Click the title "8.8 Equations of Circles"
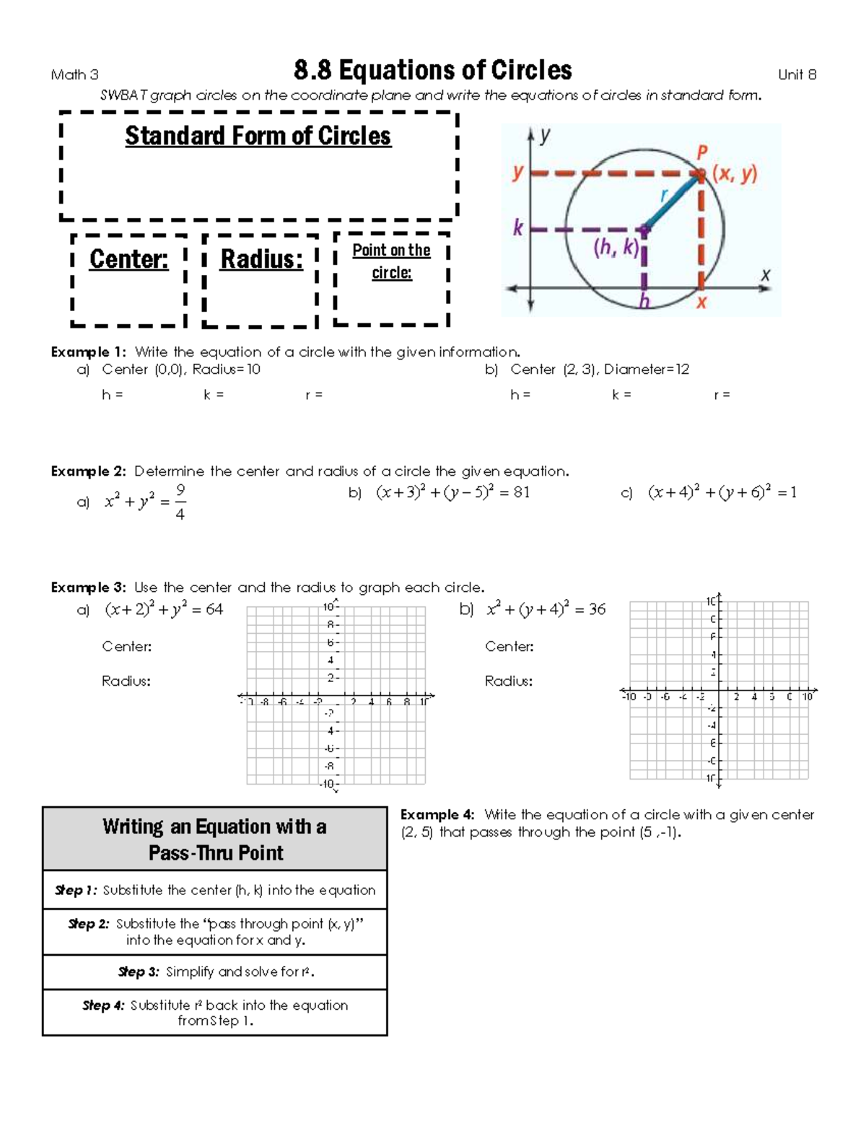tap(433, 71)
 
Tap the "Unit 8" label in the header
tap(797, 74)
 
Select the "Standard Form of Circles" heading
tap(258, 136)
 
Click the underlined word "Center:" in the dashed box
tap(128, 259)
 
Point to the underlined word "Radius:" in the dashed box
tap(261, 259)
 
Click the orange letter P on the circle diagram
tap(701, 153)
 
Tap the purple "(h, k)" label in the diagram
tap(616, 248)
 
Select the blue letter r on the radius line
tap(665, 196)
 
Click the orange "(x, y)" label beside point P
tap(735, 173)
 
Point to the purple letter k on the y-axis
tap(517, 229)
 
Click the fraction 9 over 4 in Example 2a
tap(180, 502)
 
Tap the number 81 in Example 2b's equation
tap(521, 492)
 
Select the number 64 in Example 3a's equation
tap(214, 609)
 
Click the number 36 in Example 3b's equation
tap(597, 609)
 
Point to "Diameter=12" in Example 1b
tap(647, 370)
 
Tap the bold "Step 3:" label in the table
tap(139, 972)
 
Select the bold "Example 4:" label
tap(437, 815)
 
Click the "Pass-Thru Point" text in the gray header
tap(216, 853)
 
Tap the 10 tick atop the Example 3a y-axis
tap(328, 607)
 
